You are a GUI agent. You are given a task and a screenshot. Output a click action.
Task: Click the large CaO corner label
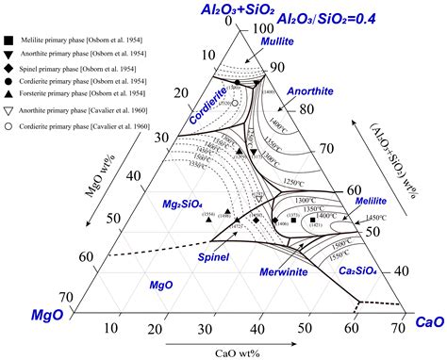(425, 322)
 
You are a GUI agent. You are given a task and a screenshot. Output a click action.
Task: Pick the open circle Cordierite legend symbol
(8, 125)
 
